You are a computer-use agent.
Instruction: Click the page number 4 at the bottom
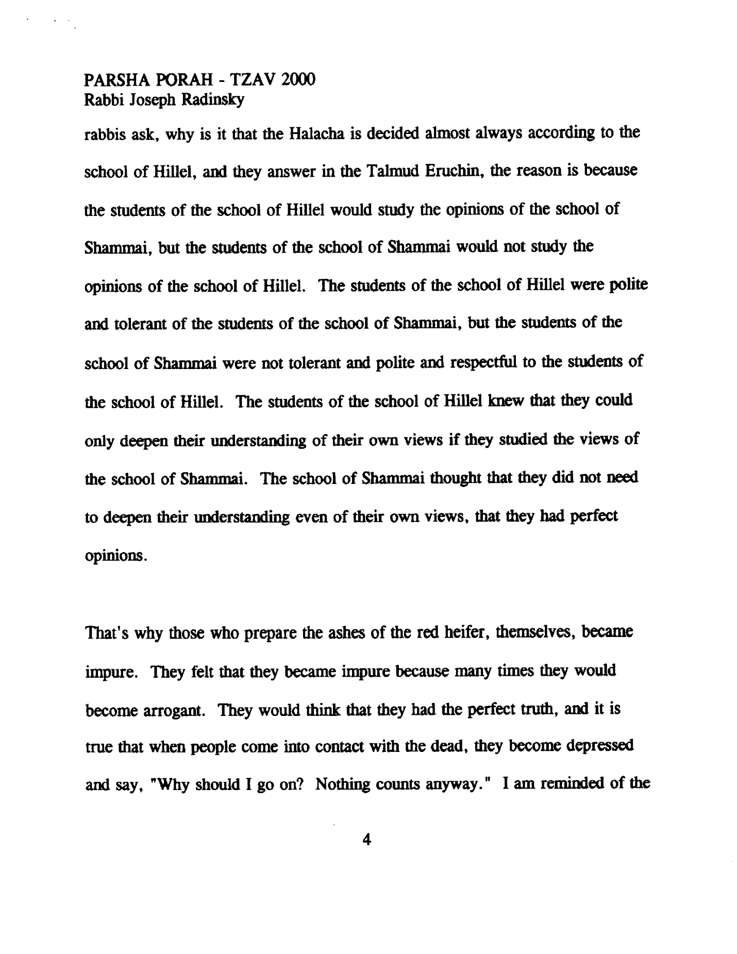(367, 841)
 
